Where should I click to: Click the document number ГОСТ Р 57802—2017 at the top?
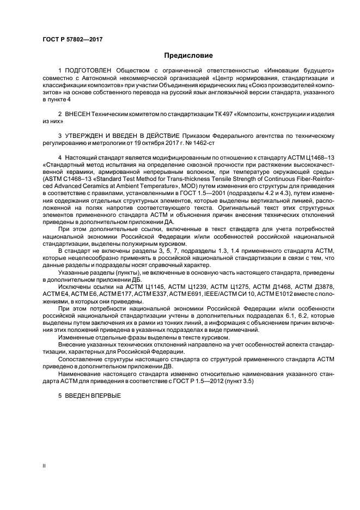(72, 40)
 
